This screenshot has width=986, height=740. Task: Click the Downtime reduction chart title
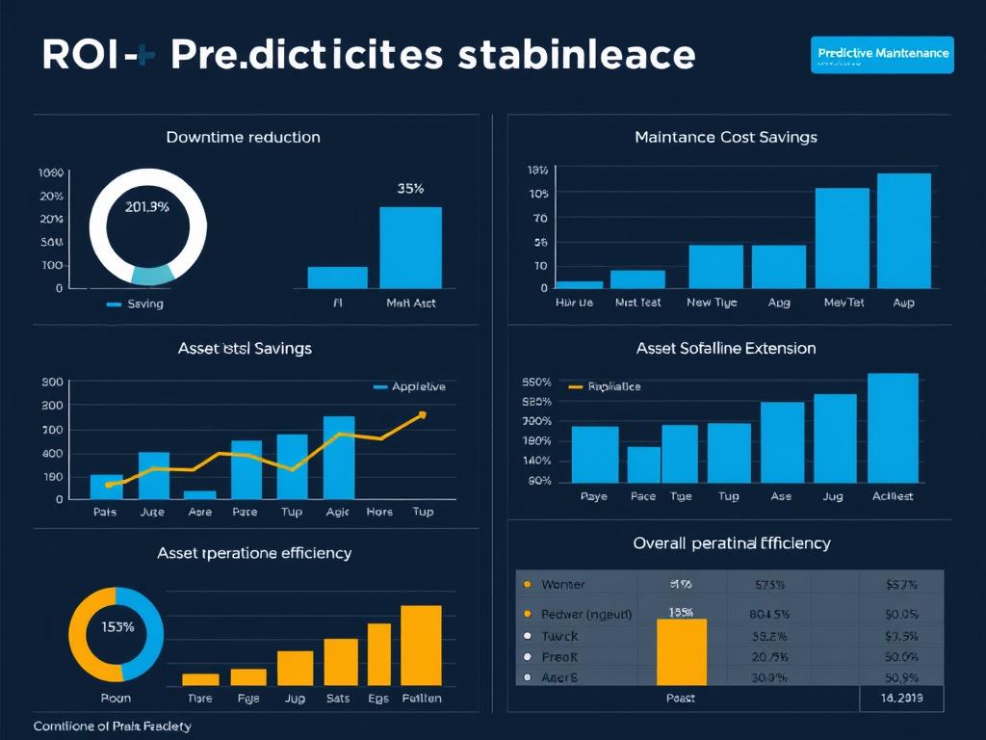(x=243, y=137)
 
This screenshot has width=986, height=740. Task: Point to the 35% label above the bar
(x=410, y=189)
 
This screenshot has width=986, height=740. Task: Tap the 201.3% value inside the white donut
(x=147, y=206)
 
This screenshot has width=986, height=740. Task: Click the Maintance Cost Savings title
(x=725, y=137)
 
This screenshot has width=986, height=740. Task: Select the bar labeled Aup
(x=903, y=230)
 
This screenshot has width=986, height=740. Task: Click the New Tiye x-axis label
(x=712, y=303)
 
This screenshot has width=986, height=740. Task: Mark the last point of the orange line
(x=422, y=415)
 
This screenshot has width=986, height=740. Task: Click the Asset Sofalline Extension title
(x=725, y=348)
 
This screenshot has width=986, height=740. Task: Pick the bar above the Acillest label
(x=893, y=428)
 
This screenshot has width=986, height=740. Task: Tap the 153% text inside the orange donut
(x=117, y=626)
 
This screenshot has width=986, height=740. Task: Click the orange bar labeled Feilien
(x=421, y=645)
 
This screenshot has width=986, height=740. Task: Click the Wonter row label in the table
(x=562, y=584)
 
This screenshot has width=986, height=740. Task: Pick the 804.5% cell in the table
(x=769, y=614)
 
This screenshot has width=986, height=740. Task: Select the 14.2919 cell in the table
(x=900, y=699)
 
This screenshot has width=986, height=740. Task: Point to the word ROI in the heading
(x=80, y=55)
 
